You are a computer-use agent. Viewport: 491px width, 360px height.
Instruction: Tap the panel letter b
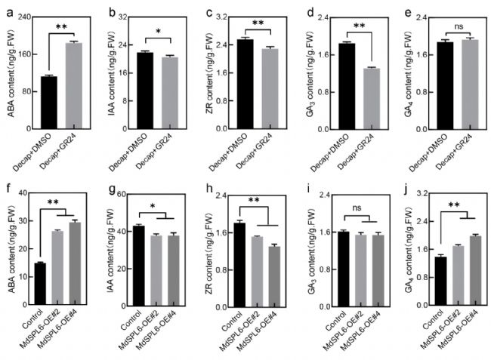pos(111,14)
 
